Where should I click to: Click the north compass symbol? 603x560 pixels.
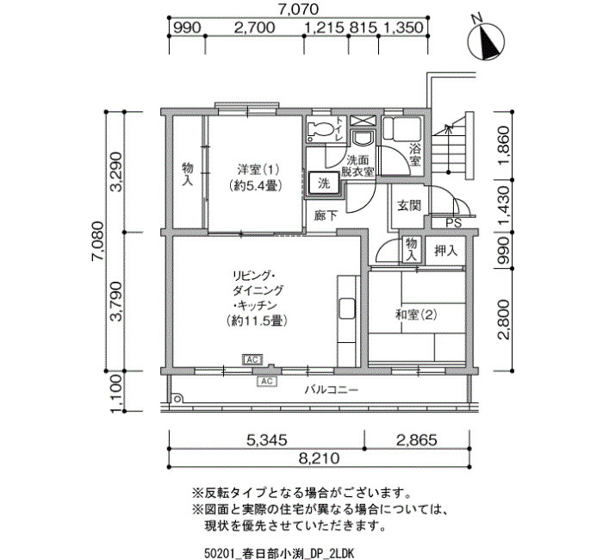486,40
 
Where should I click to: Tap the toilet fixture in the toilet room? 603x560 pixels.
320,130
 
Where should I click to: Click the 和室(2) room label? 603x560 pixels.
416,315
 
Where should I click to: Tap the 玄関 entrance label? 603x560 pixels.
409,205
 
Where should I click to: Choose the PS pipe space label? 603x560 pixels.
453,223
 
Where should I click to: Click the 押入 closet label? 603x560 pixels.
445,252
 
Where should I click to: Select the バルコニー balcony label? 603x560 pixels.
332,390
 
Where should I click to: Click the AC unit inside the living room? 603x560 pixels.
252,359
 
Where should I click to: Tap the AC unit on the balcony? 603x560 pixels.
266,381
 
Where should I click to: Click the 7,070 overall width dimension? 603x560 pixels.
299,9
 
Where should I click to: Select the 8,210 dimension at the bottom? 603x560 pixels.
320,458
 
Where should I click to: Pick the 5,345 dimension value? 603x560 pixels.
266,439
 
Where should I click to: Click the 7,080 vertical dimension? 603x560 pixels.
96,241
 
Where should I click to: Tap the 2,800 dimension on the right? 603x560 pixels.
504,320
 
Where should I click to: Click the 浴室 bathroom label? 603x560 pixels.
414,154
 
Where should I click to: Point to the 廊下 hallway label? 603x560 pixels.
326,215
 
